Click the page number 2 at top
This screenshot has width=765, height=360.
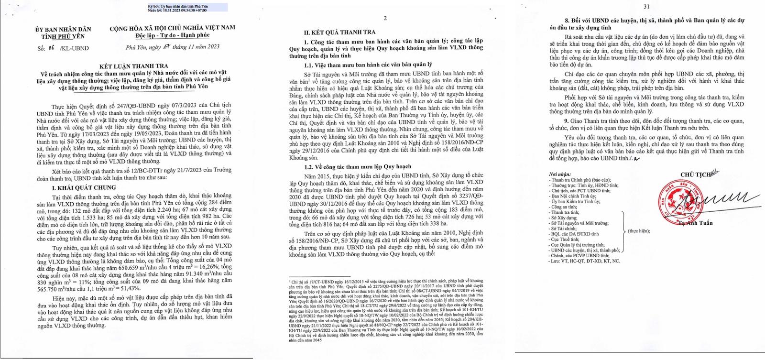385,18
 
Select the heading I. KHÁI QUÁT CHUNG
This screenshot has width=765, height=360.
84,188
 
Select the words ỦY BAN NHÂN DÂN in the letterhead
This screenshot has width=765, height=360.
63,30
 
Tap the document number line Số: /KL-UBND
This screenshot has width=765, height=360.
63,48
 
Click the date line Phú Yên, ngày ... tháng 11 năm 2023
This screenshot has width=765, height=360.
173,47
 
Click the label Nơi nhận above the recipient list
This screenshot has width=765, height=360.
560,175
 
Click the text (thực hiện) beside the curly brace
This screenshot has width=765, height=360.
639,231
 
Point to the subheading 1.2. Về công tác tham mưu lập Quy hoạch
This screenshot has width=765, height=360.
357,166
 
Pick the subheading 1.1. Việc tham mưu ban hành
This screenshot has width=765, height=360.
368,64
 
